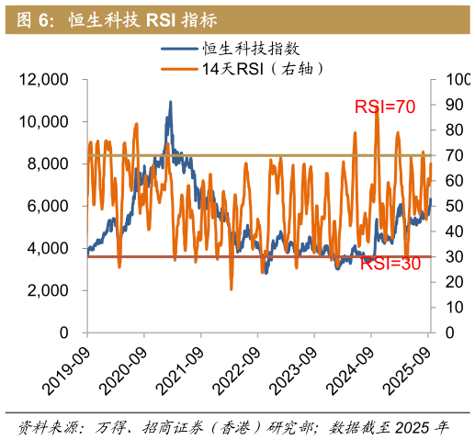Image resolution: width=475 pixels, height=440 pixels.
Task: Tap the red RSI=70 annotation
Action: [x=385, y=107]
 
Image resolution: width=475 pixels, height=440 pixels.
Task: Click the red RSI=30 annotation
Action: [x=390, y=264]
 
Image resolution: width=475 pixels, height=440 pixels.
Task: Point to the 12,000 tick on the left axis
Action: [x=44, y=80]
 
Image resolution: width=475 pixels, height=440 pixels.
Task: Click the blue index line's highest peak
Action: [x=170, y=102]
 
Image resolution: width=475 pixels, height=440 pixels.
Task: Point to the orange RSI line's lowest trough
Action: [x=231, y=289]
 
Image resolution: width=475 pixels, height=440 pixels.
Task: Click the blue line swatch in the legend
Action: [x=180, y=50]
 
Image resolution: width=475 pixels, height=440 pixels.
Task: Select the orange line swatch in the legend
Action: [x=180, y=69]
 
